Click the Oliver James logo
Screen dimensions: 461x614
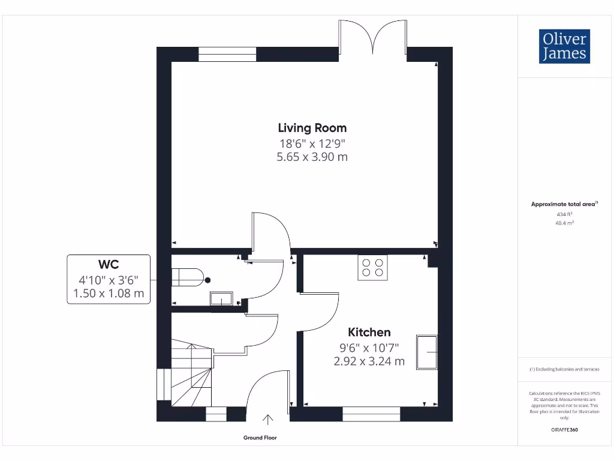coord(564,46)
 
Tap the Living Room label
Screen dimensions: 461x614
coord(312,128)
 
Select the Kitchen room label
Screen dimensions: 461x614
coord(369,332)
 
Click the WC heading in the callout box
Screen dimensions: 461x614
coord(108,264)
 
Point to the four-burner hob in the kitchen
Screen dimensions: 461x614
coord(373,268)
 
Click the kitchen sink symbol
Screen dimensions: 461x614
coord(428,352)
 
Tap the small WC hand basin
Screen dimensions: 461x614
coord(221,298)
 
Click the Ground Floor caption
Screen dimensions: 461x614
coord(260,438)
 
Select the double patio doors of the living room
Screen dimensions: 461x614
coord(373,37)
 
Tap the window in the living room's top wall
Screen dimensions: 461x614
coord(227,55)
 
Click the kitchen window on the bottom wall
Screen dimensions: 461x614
coord(371,414)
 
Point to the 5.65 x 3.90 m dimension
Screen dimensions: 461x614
coord(312,157)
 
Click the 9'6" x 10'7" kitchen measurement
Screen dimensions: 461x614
coord(369,347)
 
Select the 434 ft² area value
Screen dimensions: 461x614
coord(564,214)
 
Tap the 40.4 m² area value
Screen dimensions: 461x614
coord(564,223)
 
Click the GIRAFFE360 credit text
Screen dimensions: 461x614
coord(564,430)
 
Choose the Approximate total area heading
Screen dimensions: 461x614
coord(563,204)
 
